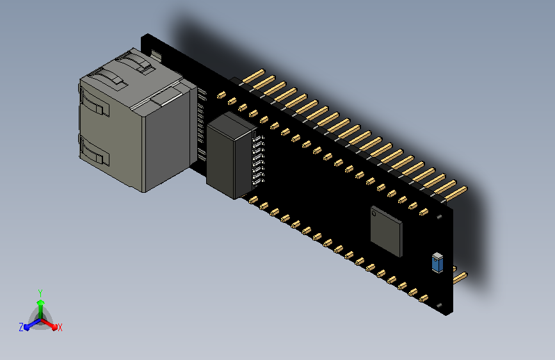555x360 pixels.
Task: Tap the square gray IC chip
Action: pyautogui.click(x=386, y=231)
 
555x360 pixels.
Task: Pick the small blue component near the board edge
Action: pyautogui.click(x=437, y=262)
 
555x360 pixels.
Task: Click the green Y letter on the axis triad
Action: pyautogui.click(x=40, y=292)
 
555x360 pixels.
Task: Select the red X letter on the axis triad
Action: pyautogui.click(x=60, y=327)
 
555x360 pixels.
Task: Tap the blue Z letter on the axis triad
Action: pyautogui.click(x=21, y=327)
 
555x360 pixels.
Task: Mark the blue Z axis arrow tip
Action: pyautogui.click(x=28, y=327)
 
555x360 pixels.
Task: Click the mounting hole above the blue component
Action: pyautogui.click(x=439, y=217)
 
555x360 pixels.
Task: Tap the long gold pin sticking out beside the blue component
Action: pyautogui.click(x=460, y=277)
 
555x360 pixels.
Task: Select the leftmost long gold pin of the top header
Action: pyautogui.click(x=252, y=77)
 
